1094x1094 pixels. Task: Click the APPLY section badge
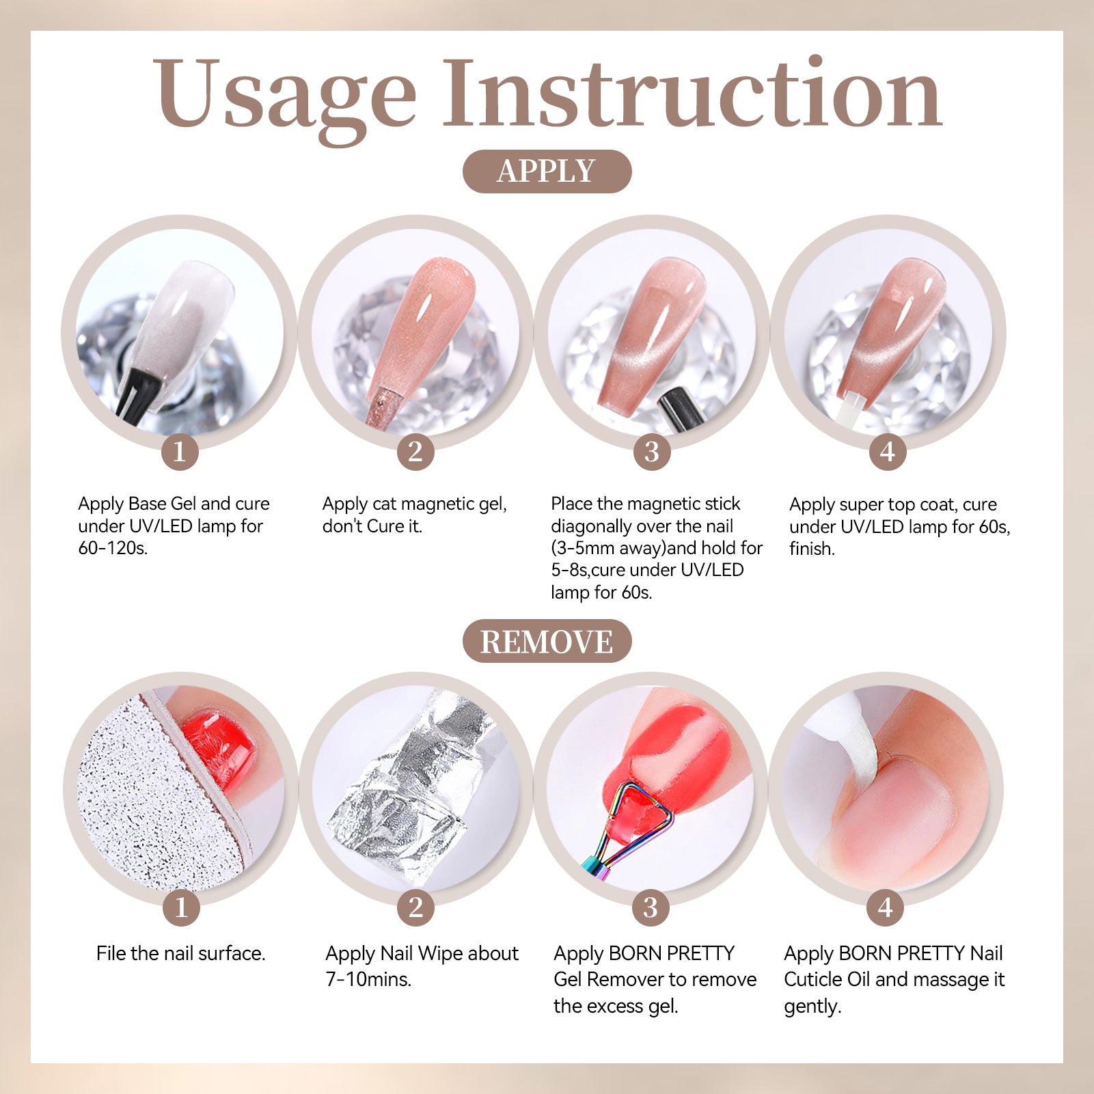pyautogui.click(x=547, y=171)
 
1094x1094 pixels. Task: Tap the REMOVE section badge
pyautogui.click(x=547, y=641)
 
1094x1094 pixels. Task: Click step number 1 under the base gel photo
pyautogui.click(x=180, y=451)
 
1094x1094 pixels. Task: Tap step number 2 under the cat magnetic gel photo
pyautogui.click(x=415, y=451)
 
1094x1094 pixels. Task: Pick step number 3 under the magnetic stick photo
pyautogui.click(x=652, y=451)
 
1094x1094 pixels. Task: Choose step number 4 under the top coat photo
pyautogui.click(x=888, y=451)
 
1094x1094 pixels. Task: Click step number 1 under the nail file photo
pyautogui.click(x=181, y=907)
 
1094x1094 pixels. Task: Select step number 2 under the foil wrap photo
pyautogui.click(x=415, y=907)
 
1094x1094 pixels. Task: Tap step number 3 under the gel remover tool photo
pyautogui.click(x=651, y=907)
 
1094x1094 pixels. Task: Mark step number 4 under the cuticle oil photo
pyautogui.click(x=886, y=907)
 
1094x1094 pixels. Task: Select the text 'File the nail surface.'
pyautogui.click(x=180, y=953)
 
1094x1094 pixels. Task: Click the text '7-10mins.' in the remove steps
pyautogui.click(x=368, y=979)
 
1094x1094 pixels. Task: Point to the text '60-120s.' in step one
pyautogui.click(x=113, y=548)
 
